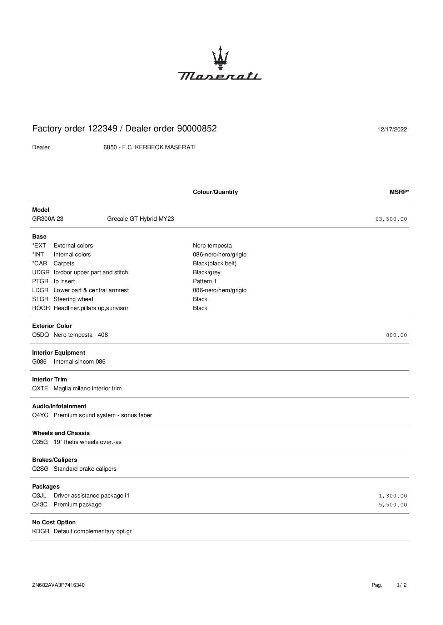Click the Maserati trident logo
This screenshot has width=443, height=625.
(220, 57)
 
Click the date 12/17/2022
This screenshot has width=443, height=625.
(392, 129)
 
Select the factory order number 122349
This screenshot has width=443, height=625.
(103, 129)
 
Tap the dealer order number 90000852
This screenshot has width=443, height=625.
(197, 129)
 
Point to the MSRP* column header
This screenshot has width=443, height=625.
(399, 192)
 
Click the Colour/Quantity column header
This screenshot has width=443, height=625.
(215, 192)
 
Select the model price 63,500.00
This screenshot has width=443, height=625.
(391, 219)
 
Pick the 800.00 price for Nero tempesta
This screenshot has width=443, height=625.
(396, 335)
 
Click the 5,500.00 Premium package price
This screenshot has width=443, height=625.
(393, 505)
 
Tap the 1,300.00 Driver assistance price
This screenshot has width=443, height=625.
(393, 496)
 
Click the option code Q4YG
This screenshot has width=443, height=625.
(40, 415)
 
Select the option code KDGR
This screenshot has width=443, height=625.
(40, 531)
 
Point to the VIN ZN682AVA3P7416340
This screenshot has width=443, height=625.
(58, 585)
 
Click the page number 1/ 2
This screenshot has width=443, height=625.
(402, 585)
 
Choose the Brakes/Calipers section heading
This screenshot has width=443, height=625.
(54, 460)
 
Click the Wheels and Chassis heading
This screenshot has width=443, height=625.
(61, 433)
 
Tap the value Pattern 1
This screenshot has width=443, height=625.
(205, 281)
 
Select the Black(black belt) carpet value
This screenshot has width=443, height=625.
(214, 264)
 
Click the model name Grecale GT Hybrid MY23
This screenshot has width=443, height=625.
(140, 219)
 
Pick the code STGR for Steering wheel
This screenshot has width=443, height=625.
(40, 299)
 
